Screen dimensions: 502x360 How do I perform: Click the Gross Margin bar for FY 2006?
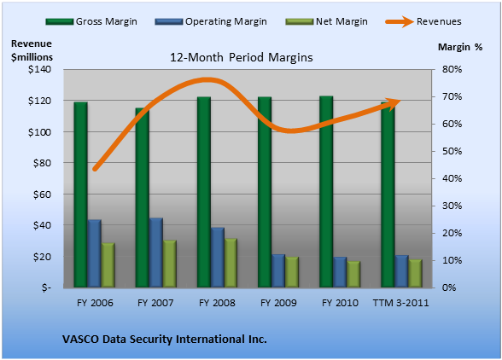(x=80, y=195)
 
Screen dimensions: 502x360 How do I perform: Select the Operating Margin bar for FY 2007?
(x=156, y=253)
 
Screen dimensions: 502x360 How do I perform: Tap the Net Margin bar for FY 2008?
(x=231, y=263)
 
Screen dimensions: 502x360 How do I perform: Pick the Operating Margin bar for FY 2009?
(x=278, y=270)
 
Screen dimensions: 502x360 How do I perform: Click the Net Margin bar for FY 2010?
(x=353, y=274)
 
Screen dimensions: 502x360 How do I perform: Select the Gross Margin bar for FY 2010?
(x=326, y=192)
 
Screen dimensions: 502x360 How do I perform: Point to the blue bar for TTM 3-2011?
(x=401, y=271)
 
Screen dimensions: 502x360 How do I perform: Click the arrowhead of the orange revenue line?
(x=394, y=104)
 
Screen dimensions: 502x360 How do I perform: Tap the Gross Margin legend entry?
(x=91, y=21)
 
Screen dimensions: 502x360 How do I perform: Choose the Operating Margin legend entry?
(x=211, y=21)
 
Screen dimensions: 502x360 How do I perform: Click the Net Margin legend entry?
(x=326, y=21)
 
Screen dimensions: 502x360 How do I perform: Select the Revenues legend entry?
(x=423, y=21)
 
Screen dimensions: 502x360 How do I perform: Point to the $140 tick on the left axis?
(x=39, y=69)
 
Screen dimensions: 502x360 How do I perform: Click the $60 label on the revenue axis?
(x=42, y=195)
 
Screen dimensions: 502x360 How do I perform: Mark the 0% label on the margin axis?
(x=449, y=287)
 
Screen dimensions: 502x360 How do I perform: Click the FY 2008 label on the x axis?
(x=217, y=303)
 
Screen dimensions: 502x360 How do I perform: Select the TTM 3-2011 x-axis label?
(x=401, y=303)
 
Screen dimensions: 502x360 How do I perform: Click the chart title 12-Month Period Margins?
(x=242, y=58)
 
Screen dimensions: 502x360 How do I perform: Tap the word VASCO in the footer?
(x=80, y=340)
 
